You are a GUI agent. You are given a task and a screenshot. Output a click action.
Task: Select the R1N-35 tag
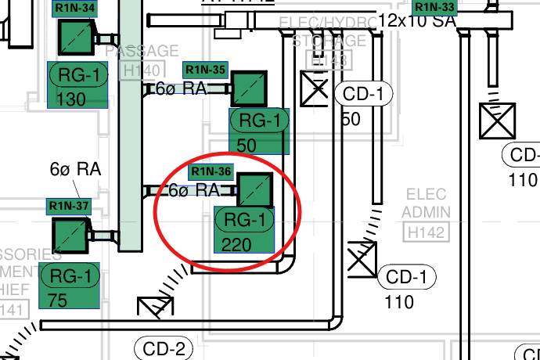205,69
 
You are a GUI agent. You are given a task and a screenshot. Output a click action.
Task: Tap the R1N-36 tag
211,171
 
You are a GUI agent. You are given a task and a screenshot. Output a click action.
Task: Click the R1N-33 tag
434,7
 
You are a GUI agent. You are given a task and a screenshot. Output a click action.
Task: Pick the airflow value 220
236,245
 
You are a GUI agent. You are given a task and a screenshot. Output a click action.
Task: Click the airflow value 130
72,99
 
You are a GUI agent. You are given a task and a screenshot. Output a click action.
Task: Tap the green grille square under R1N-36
255,190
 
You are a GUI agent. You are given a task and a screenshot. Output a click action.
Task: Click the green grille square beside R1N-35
249,89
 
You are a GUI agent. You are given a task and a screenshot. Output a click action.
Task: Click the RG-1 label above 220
245,220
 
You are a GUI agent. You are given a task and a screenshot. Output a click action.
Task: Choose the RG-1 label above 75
70,276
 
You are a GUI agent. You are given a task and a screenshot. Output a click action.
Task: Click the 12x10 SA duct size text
417,21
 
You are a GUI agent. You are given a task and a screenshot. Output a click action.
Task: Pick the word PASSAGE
142,51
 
